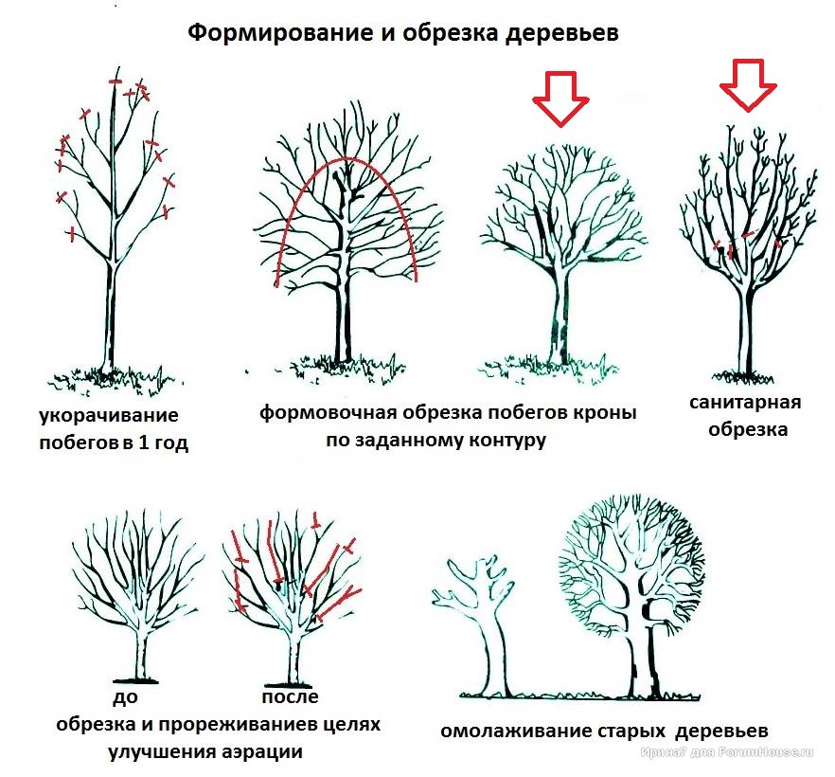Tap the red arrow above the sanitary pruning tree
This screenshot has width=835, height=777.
pos(748,84)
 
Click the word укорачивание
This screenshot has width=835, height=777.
pos(109,415)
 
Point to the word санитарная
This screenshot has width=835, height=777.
pos(745,402)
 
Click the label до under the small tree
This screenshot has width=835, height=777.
pos(126,697)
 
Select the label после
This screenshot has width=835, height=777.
pos(291,696)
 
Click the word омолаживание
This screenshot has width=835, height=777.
pos(515,731)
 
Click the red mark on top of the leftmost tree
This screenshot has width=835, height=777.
pos(115,81)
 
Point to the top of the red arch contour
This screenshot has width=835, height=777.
pos(346,158)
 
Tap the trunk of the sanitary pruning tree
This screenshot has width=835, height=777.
pos(748,331)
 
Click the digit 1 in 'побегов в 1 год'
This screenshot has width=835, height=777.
pos(144,442)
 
